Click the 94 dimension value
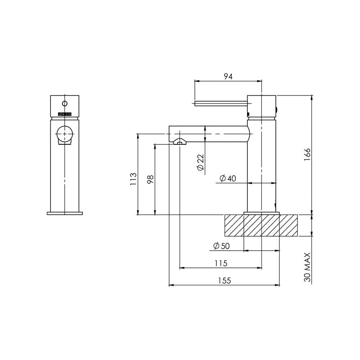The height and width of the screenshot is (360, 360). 228,76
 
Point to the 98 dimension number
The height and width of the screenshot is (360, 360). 151,179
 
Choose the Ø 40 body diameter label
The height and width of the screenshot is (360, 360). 228,179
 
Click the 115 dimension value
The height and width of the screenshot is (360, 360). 220,263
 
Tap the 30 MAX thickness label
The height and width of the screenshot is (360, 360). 307,267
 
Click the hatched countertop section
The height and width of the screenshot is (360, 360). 261,225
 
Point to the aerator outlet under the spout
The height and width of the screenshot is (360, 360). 180,142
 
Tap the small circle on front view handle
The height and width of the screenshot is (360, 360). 65,103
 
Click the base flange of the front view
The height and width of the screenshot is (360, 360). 65,212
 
